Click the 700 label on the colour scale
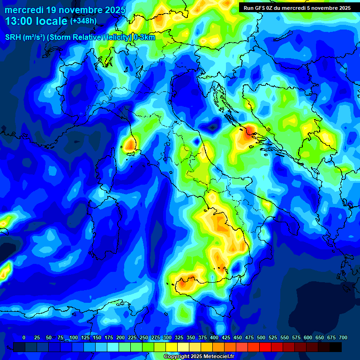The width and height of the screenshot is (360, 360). [x=343, y=337]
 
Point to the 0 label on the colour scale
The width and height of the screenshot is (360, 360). [x=24, y=337]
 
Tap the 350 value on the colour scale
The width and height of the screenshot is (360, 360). [x=191, y=337]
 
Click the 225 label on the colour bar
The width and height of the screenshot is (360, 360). [x=132, y=337]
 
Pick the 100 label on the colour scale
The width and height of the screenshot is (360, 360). [x=74, y=337]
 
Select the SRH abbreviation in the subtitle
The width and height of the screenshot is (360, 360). [x=13, y=37]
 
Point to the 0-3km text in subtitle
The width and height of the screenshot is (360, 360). [x=144, y=37]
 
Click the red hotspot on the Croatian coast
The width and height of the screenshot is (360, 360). [x=248, y=130]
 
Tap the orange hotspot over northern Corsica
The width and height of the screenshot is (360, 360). [x=129, y=144]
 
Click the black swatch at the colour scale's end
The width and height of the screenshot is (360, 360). [x=336, y=347]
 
